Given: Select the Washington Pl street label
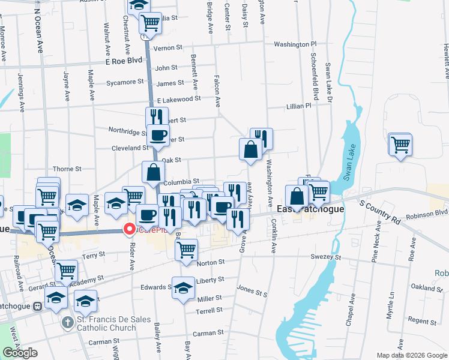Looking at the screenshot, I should click(295, 44).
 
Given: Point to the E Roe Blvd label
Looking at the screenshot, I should click(123, 61).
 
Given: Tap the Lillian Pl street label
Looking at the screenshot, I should click(298, 106).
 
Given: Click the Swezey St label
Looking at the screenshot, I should click(326, 257).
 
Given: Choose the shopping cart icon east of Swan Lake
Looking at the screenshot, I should click(400, 144).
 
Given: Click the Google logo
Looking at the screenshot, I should click(20, 353).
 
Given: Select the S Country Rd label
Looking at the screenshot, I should click(379, 213).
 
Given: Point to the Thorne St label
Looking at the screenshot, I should click(67, 170).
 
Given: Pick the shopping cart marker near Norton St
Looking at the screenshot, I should click(187, 249).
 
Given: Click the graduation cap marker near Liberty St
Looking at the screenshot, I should click(184, 287).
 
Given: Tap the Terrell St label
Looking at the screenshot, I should click(209, 311).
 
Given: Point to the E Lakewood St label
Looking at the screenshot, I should click(178, 99).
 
